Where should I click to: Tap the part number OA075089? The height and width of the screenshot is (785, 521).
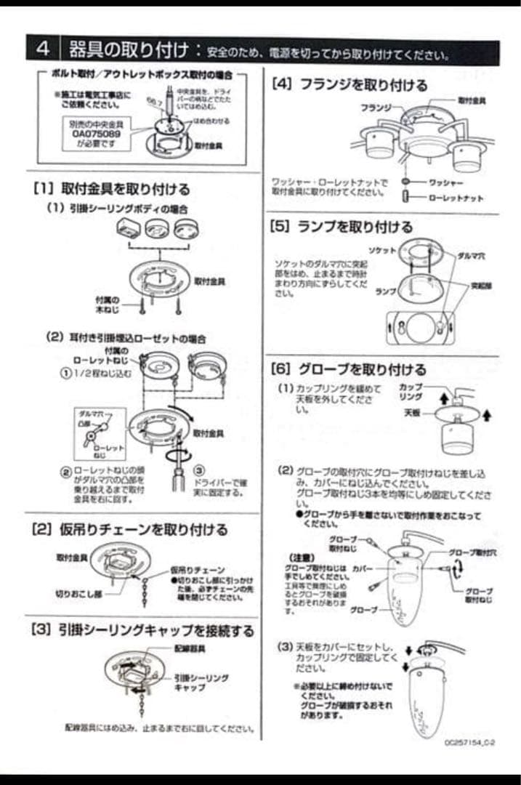tap(96, 134)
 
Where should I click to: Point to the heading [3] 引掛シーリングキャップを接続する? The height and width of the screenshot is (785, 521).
tap(142, 630)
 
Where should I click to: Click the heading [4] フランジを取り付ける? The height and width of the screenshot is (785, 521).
tap(350, 86)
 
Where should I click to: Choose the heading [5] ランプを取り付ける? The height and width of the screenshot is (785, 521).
tap(342, 227)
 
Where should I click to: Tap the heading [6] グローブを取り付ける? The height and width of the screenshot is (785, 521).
tap(349, 369)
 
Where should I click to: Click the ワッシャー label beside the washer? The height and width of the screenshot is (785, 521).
tap(445, 183)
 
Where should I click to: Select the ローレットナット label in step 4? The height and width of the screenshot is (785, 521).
tap(456, 198)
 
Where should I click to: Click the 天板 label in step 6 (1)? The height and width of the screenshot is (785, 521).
tap(412, 411)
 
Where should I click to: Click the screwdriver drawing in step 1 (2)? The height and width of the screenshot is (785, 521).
tap(177, 477)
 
